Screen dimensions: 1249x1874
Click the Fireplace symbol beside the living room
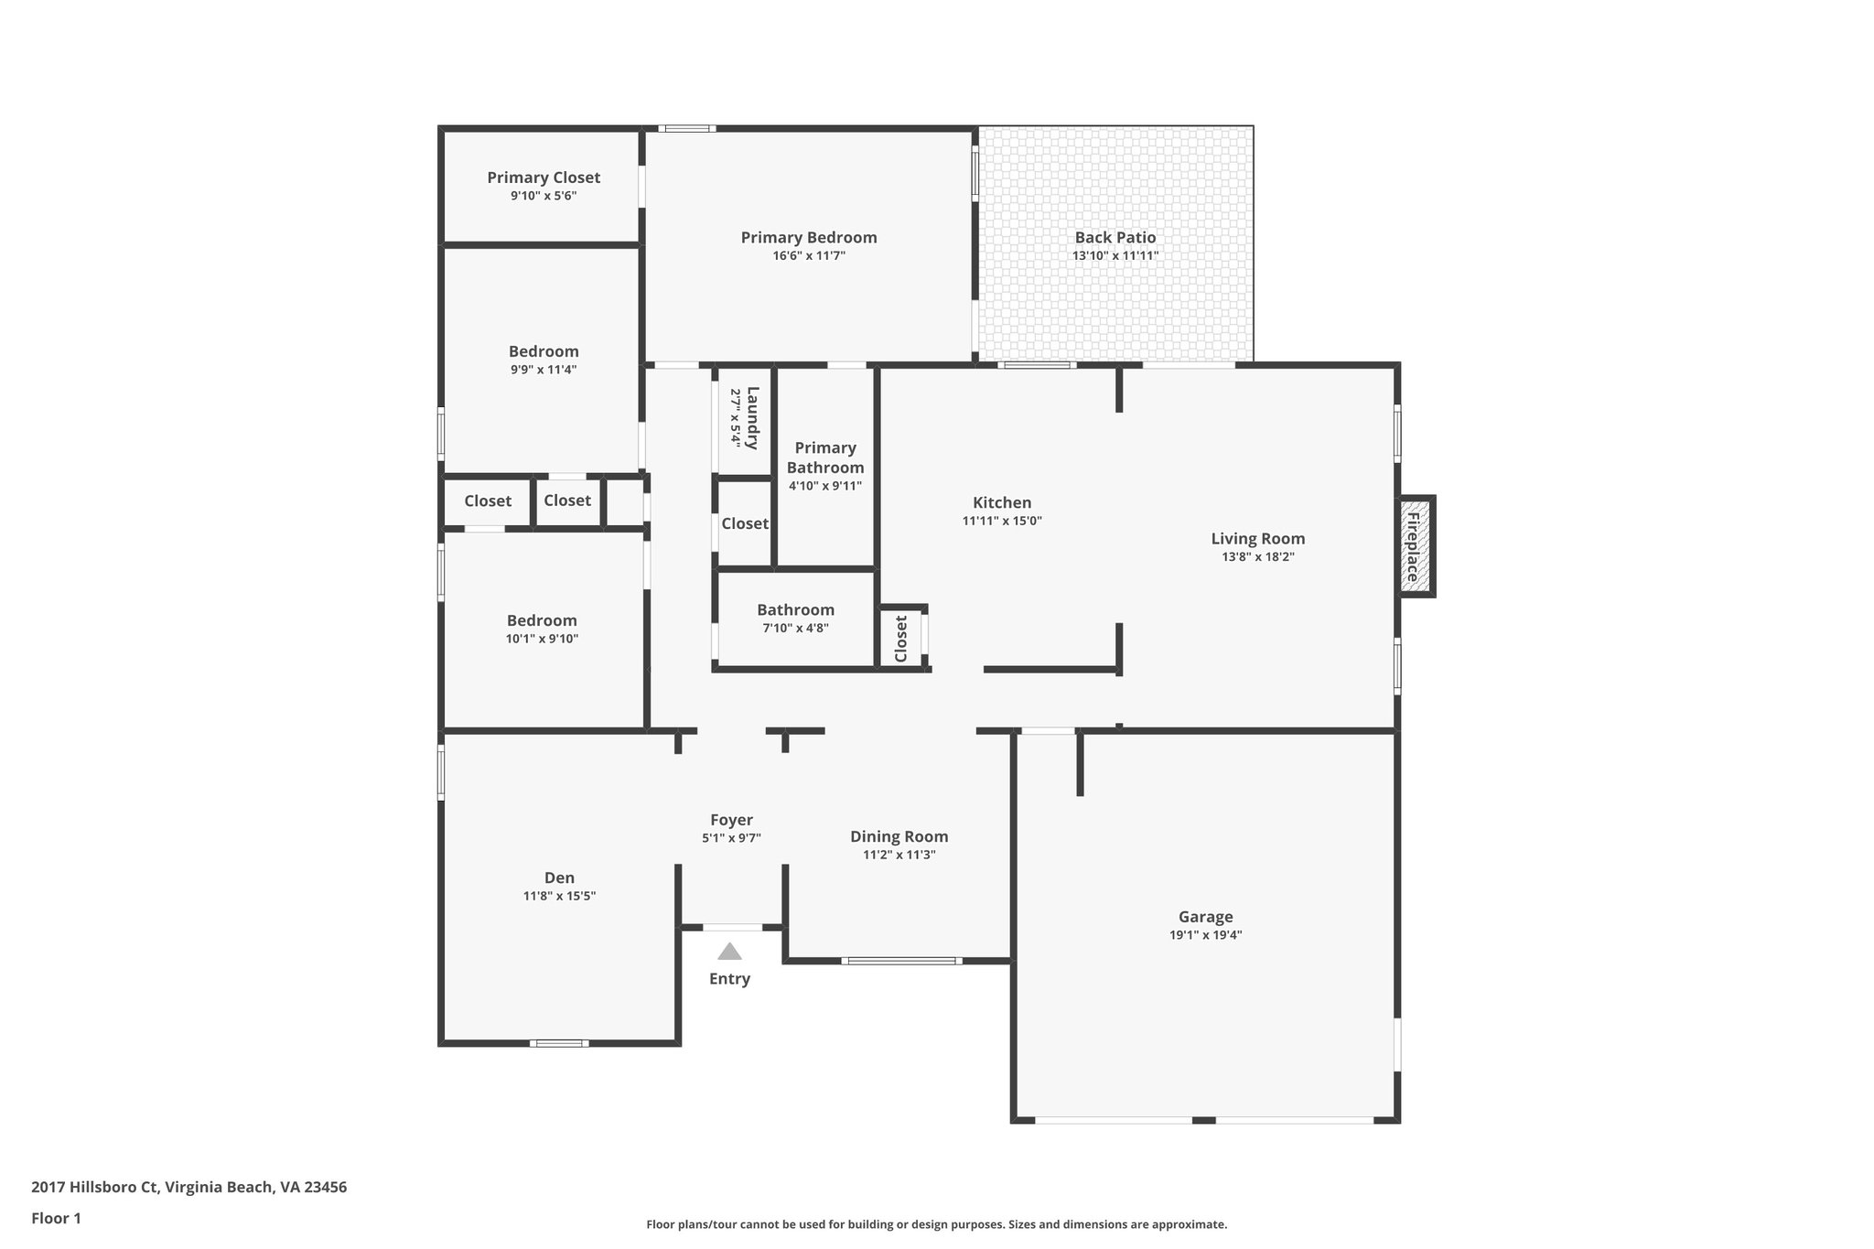(x=1414, y=546)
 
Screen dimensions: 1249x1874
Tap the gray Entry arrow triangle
(x=729, y=952)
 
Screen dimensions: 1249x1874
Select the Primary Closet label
(x=544, y=178)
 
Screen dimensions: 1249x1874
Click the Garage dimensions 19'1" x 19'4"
(x=1205, y=935)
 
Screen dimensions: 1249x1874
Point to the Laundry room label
(x=752, y=418)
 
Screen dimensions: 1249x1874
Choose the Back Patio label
(x=1115, y=237)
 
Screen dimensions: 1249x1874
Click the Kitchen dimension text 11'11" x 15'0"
(x=1002, y=521)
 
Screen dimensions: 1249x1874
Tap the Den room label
(x=559, y=878)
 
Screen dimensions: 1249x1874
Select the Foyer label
(x=731, y=820)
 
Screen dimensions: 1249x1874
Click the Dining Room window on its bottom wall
(x=901, y=961)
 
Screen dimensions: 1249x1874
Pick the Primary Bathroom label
(x=825, y=457)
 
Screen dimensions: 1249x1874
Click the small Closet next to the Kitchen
(x=901, y=638)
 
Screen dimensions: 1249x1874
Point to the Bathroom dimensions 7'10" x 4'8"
(x=795, y=628)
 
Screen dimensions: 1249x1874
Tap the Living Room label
(x=1257, y=539)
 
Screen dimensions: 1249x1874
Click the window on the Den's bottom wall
(x=559, y=1043)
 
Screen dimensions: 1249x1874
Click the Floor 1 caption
(x=56, y=1218)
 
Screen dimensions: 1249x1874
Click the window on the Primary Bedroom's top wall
(x=686, y=129)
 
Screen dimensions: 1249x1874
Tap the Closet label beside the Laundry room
(x=744, y=523)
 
